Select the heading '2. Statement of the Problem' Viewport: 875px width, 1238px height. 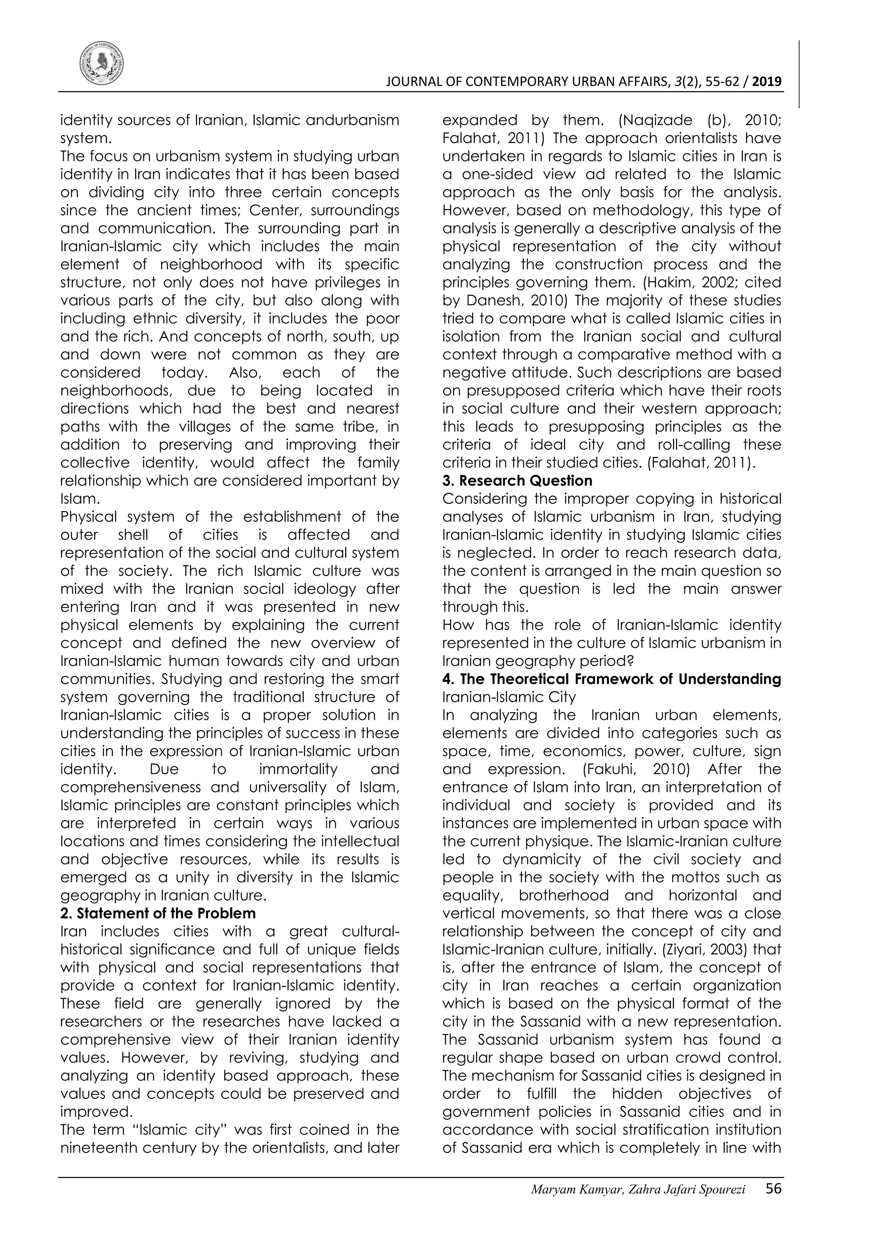tap(158, 913)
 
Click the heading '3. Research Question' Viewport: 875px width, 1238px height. tap(517, 481)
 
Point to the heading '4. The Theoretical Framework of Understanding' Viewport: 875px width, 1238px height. tap(611, 679)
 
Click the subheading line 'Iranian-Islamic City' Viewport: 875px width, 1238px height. tap(509, 697)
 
